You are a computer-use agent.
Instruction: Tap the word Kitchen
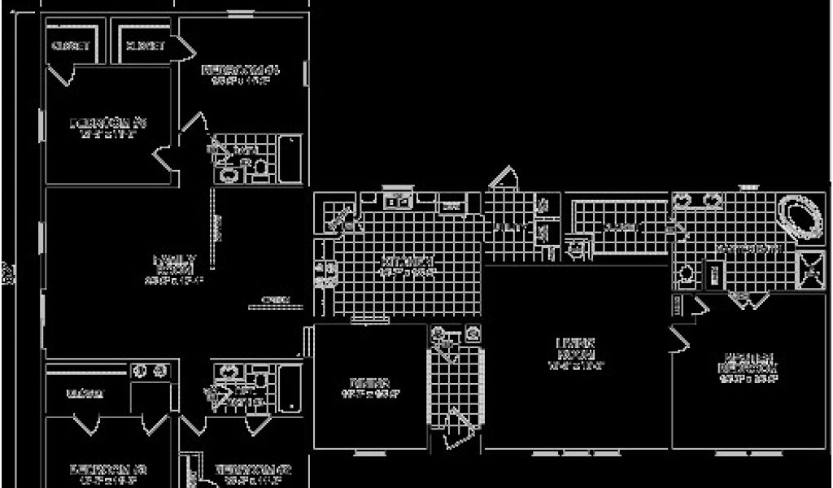coord(406,264)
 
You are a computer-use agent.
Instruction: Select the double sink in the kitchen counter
coord(396,201)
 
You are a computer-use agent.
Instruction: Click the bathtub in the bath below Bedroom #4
coord(291,158)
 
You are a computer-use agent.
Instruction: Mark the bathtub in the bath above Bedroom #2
coord(290,386)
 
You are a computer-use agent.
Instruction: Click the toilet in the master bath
coord(685,274)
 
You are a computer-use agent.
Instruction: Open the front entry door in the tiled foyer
coord(457,428)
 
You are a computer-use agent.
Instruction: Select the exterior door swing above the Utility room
coord(503,178)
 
